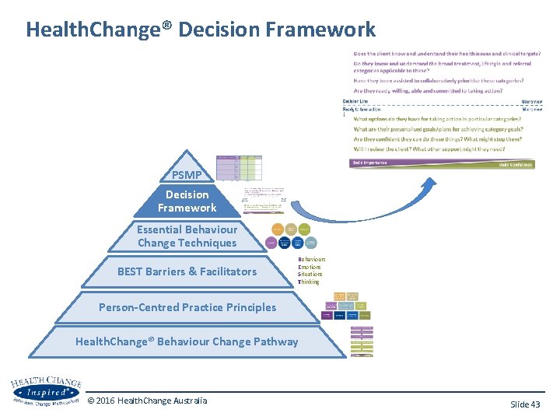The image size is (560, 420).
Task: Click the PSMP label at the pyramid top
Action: (x=187, y=175)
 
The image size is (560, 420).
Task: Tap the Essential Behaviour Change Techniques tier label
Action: (x=187, y=236)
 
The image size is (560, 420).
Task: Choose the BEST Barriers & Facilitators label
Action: (x=187, y=271)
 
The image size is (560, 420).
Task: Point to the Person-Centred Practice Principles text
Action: (x=187, y=307)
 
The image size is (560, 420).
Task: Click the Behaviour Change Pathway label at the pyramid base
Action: (x=187, y=341)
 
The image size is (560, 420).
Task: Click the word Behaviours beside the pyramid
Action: (x=312, y=259)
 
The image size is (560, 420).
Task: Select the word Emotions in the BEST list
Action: (x=310, y=267)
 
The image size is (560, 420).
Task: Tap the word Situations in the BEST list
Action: (x=310, y=275)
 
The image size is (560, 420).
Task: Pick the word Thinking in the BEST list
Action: (x=309, y=282)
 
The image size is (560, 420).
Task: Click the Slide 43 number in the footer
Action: (x=524, y=404)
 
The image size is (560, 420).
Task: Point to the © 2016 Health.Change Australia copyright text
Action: (x=147, y=401)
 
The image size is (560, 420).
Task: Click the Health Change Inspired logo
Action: (x=47, y=391)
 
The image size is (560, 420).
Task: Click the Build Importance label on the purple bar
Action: (x=369, y=163)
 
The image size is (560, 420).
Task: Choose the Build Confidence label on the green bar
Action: (x=516, y=165)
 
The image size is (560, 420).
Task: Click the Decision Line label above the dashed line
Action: (x=355, y=102)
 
